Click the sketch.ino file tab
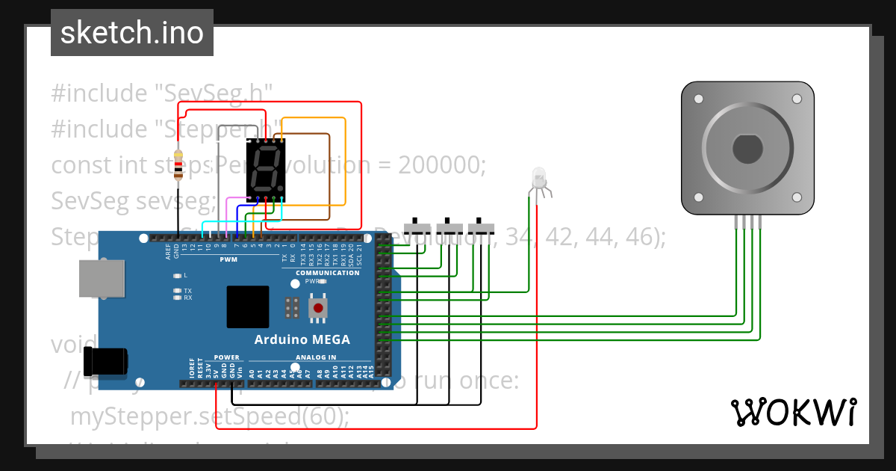point(132,33)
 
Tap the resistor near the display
point(178,166)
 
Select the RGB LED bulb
point(538,178)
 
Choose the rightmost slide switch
point(481,227)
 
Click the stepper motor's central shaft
point(747,148)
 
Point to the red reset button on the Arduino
point(318,308)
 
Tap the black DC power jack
point(106,361)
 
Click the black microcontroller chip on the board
point(247,307)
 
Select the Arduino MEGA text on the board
point(302,339)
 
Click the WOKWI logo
point(792,412)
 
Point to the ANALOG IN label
point(316,357)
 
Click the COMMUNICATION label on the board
point(327,273)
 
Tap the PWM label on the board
point(228,259)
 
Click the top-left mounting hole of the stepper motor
point(698,99)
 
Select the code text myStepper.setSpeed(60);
point(209,416)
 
